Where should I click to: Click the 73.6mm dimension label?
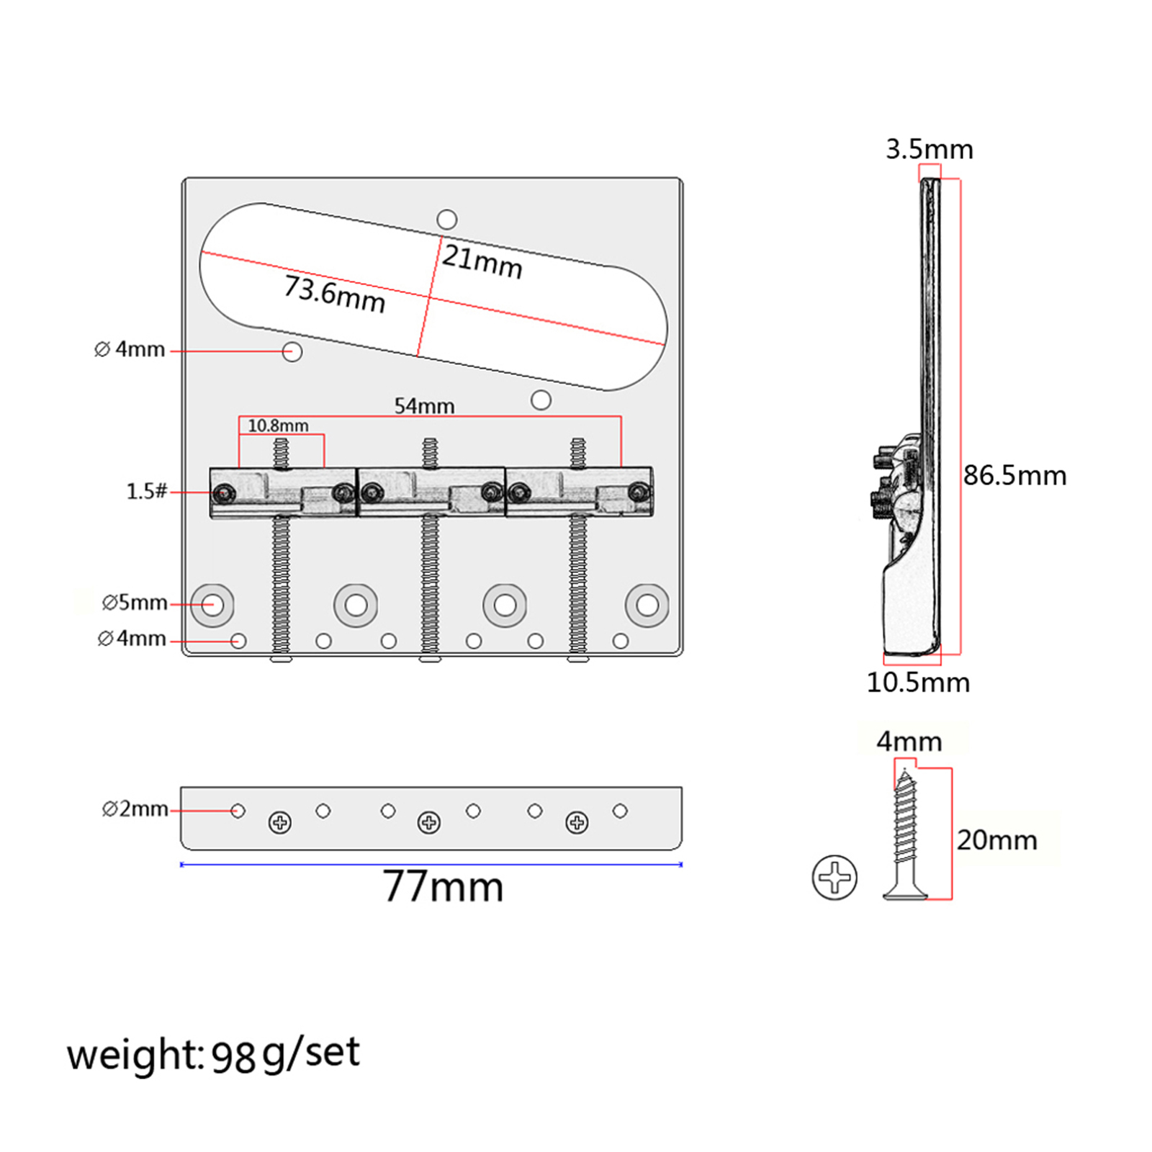point(335,294)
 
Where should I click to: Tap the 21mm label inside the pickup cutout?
point(482,261)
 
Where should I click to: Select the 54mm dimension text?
point(424,406)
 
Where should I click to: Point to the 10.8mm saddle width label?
point(278,426)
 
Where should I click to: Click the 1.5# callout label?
point(146,491)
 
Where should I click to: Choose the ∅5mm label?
point(135,602)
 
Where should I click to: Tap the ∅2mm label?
point(135,809)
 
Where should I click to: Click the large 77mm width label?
point(442,886)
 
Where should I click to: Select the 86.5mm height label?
point(1014,475)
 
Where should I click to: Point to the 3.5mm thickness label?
point(929,149)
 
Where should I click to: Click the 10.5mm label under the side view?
point(918,682)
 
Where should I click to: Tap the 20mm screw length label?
point(996,840)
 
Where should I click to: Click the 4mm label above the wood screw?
point(909,741)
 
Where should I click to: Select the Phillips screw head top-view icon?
point(834,877)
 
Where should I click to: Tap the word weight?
point(135,1056)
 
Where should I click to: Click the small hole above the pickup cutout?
point(447,219)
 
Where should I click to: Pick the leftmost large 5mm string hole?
point(212,604)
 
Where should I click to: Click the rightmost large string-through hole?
point(647,605)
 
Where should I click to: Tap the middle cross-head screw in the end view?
point(429,822)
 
